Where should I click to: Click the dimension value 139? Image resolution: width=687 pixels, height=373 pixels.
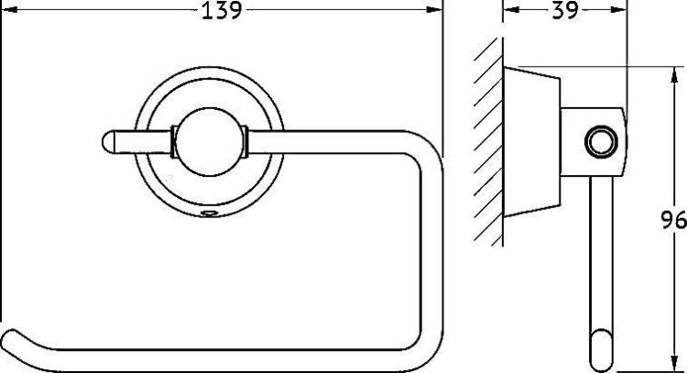pyautogui.click(x=222, y=10)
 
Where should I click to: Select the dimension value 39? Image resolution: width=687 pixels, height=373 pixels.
pyautogui.click(x=565, y=10)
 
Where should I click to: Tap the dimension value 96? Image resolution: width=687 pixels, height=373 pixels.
pyautogui.click(x=673, y=220)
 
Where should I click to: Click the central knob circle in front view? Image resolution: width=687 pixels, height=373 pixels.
pyautogui.click(x=210, y=142)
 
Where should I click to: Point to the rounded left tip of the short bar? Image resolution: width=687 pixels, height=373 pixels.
pyautogui.click(x=107, y=142)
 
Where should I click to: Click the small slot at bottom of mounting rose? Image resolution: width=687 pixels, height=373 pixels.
pyautogui.click(x=210, y=214)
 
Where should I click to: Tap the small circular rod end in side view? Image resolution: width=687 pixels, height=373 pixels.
pyautogui.click(x=601, y=142)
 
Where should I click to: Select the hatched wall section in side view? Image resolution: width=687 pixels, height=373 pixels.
pyautogui.click(x=488, y=142)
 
